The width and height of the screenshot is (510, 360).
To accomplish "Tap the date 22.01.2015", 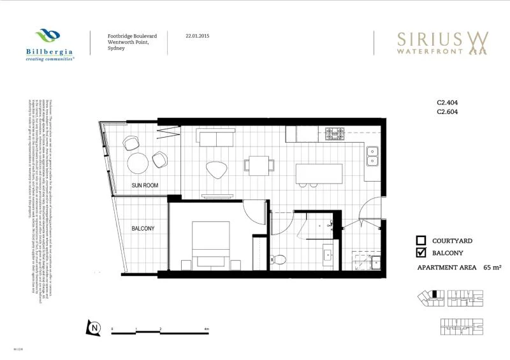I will pos(198,36).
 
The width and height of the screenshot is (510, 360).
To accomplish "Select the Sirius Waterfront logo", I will pos(442,43).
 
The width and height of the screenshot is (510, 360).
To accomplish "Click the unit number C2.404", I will pos(448,102).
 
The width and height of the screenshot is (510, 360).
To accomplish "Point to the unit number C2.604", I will pos(448,112).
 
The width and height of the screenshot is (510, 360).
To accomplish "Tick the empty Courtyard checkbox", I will pos(421,241).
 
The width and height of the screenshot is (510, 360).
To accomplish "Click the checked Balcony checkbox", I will pos(421,253).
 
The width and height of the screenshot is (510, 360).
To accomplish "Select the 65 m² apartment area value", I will pos(493,268).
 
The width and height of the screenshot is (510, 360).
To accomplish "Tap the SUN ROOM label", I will pos(145,185).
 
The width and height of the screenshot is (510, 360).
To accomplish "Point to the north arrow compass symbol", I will pos(94,328).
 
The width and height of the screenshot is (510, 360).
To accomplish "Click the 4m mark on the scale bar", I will pos(207,329).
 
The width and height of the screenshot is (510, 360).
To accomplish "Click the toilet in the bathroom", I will pos(279,258).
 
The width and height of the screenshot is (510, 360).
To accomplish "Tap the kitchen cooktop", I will pos(335,134).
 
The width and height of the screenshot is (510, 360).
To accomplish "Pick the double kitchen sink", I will pos(372,155).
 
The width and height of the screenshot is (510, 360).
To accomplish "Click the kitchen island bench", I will pos(318,173).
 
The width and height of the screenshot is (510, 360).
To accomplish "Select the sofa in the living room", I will pos(216,138).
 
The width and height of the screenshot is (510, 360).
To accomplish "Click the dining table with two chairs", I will pos(259,166).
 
